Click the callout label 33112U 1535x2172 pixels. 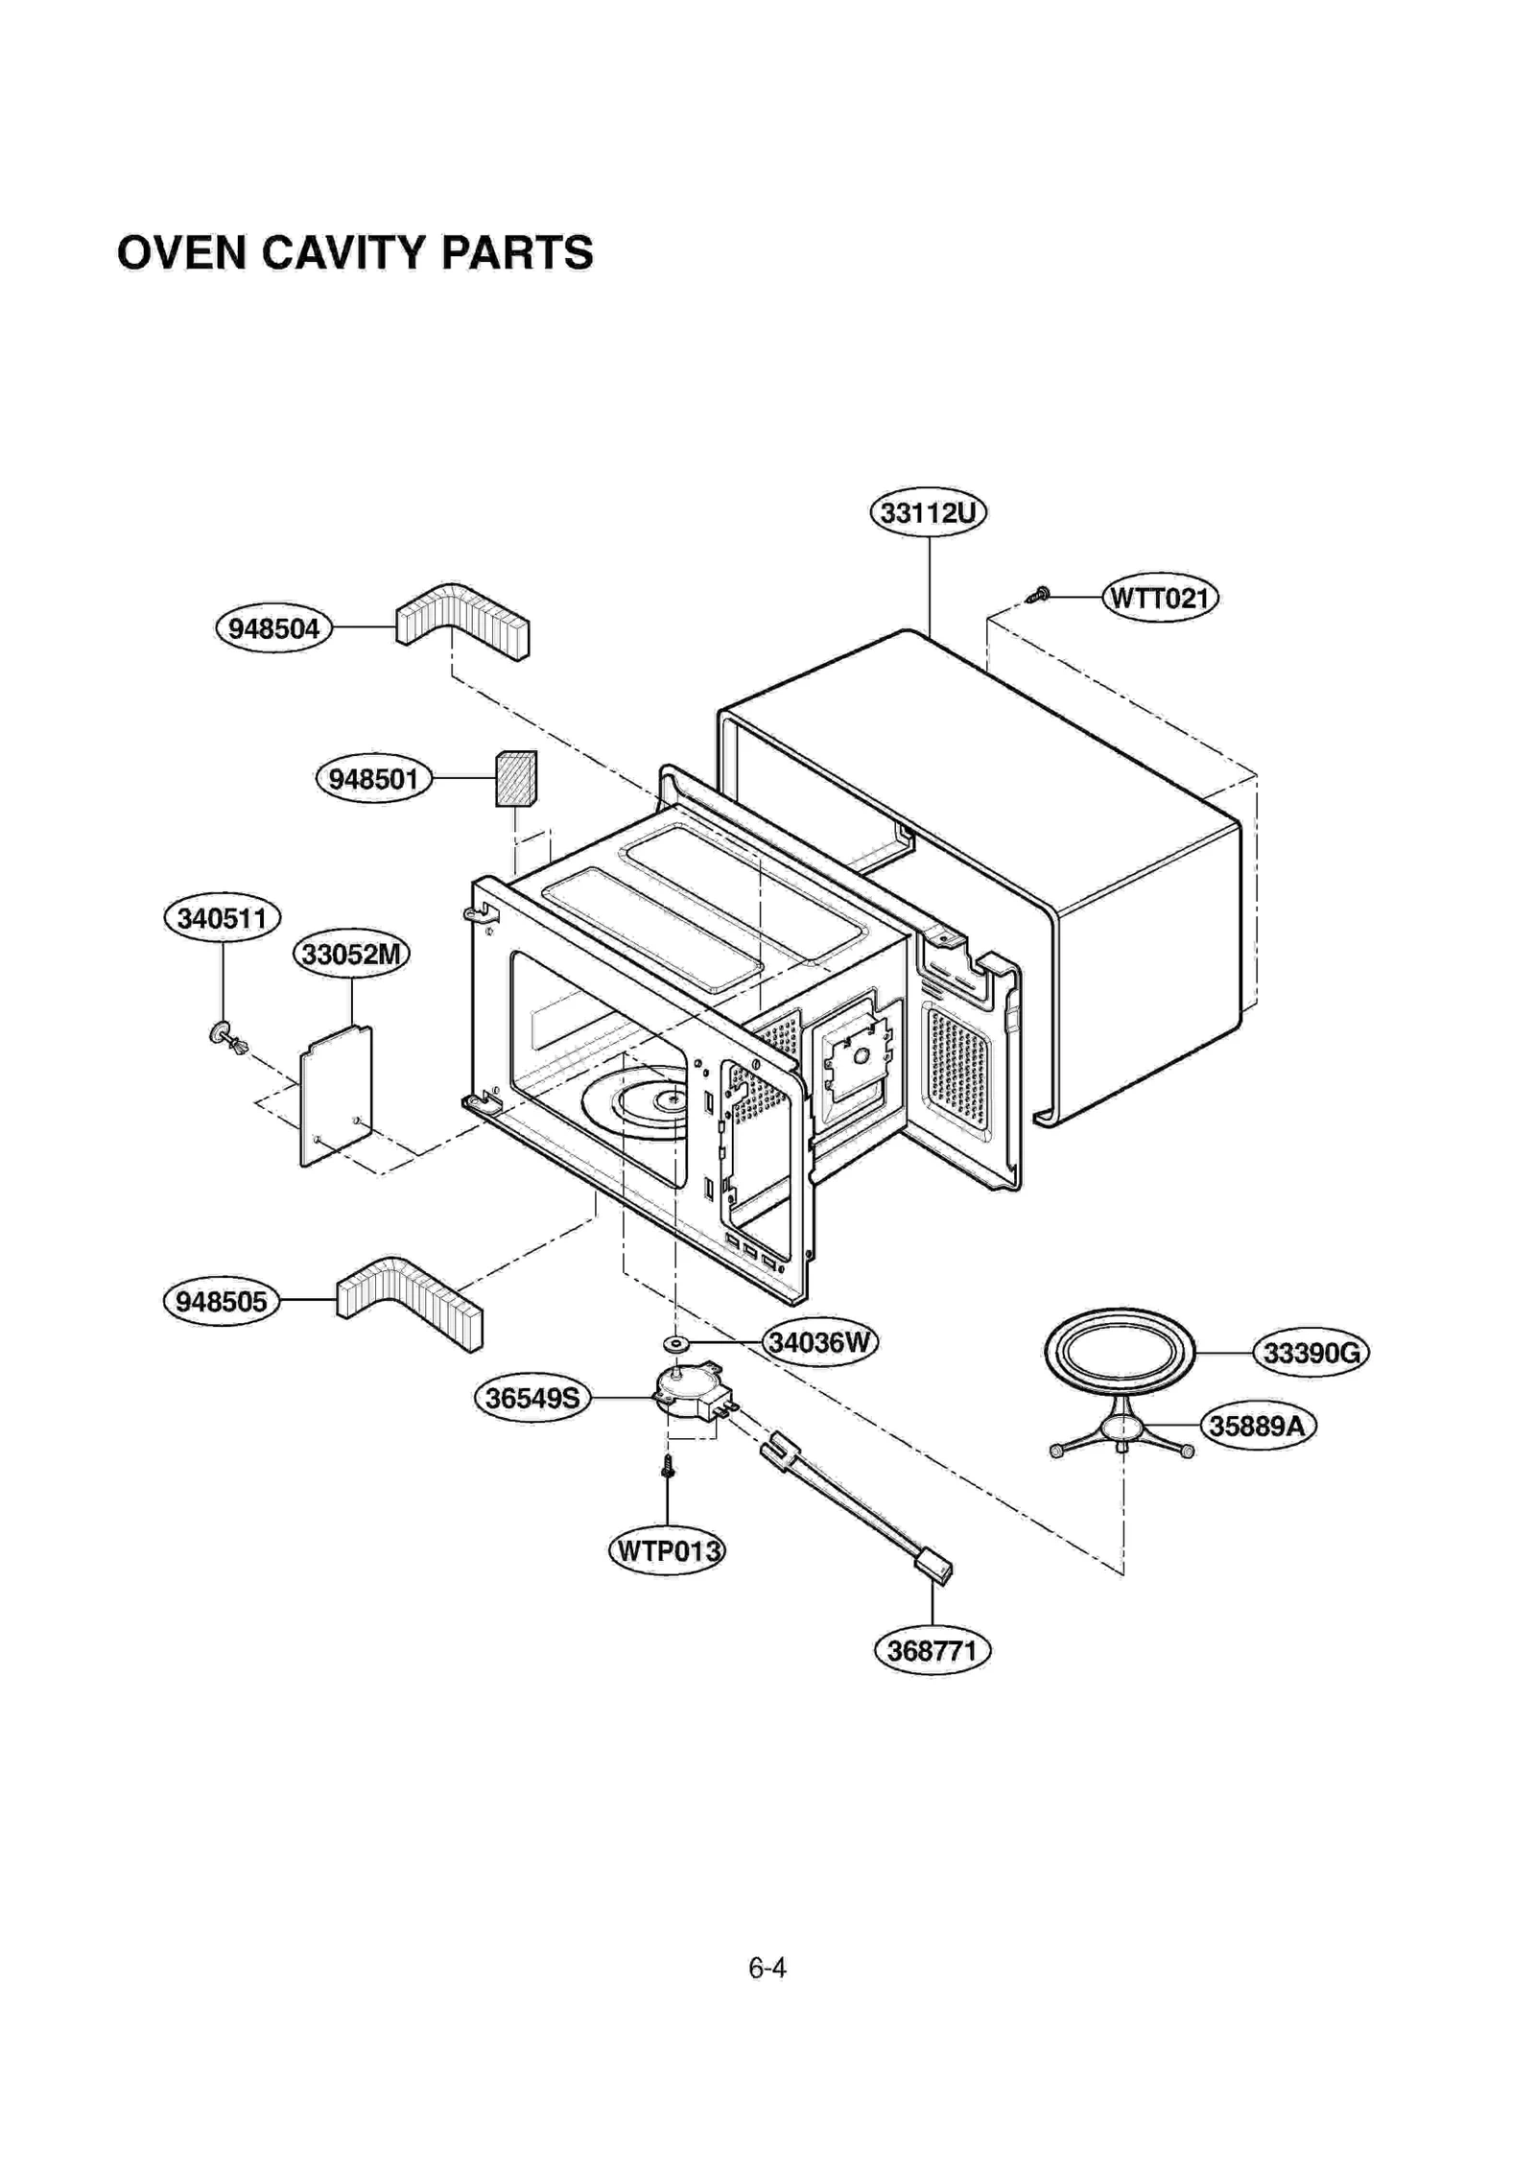927,512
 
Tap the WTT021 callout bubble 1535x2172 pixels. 1159,598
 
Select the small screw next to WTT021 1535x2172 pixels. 1038,595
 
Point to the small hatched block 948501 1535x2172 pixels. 515,778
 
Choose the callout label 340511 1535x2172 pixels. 222,918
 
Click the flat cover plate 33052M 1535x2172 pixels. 336,1095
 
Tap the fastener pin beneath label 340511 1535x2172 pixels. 227,1036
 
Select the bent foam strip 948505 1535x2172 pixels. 410,1300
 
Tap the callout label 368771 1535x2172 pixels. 932,1651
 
